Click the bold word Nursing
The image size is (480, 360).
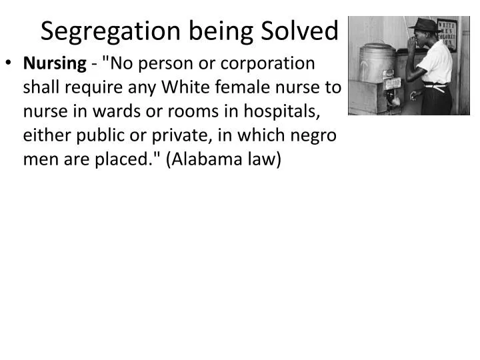click(x=55, y=64)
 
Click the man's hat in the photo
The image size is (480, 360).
click(x=424, y=27)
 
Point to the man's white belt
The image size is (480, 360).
click(x=437, y=85)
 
